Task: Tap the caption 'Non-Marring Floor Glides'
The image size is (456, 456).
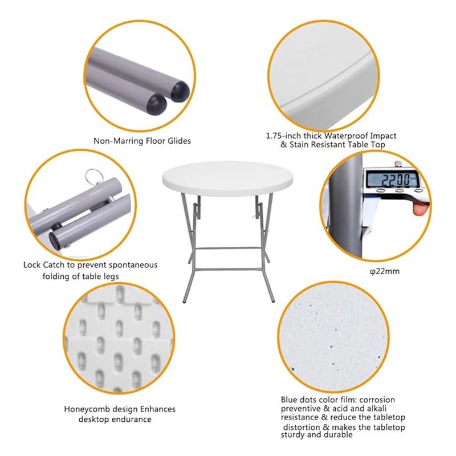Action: coord(142,141)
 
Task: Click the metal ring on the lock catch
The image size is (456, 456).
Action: coord(92,176)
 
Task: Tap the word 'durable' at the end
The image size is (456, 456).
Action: coord(338,434)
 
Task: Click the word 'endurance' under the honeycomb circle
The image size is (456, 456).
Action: coord(132,420)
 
